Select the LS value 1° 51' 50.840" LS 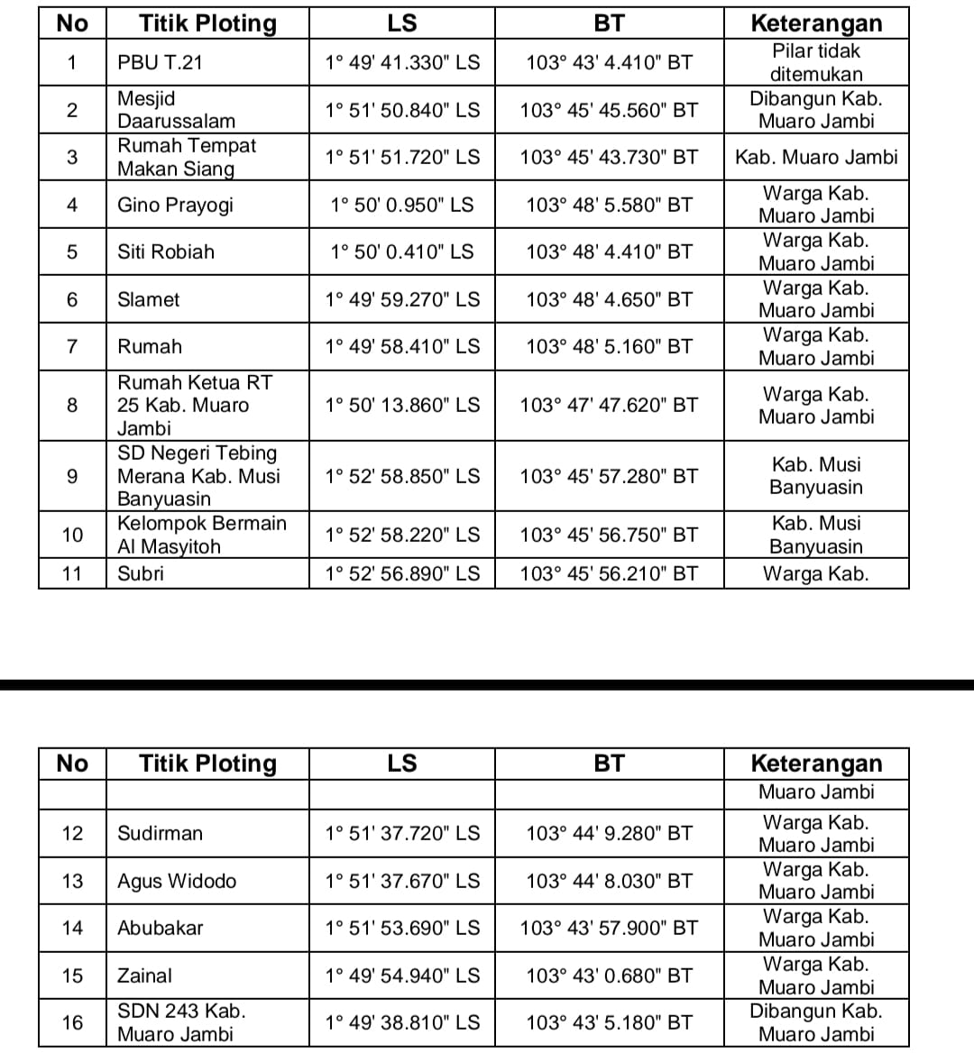(x=402, y=110)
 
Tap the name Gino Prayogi (x=175, y=205)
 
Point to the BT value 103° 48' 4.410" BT (x=609, y=252)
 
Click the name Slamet (x=149, y=299)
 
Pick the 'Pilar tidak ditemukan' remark (x=816, y=62)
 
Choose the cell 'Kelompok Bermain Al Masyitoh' (x=202, y=535)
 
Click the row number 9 (x=72, y=476)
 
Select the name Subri (x=141, y=573)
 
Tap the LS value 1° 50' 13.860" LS (x=402, y=405)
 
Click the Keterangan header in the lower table (x=816, y=764)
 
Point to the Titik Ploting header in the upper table (x=207, y=23)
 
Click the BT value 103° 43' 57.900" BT (x=609, y=928)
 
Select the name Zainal (x=144, y=975)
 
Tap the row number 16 (x=72, y=1022)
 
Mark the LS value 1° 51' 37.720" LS (x=402, y=833)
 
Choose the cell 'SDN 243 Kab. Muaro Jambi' (x=181, y=1022)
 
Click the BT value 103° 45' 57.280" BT (x=609, y=476)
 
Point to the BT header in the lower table (x=609, y=764)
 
